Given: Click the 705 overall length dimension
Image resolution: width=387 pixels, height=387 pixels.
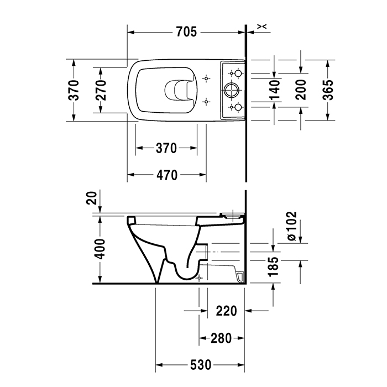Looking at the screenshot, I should (186, 32).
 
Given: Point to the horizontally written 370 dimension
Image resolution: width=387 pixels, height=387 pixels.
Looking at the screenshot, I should (165, 148).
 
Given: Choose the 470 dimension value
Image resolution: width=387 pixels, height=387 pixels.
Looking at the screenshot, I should (166, 176).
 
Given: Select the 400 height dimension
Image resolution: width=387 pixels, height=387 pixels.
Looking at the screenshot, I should (100, 250).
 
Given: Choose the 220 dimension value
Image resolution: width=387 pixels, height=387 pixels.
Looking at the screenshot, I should (226, 311).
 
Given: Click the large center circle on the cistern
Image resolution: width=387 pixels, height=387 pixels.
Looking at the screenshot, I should (231, 89).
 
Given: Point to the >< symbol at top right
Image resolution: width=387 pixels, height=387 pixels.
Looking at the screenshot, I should (263, 26).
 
